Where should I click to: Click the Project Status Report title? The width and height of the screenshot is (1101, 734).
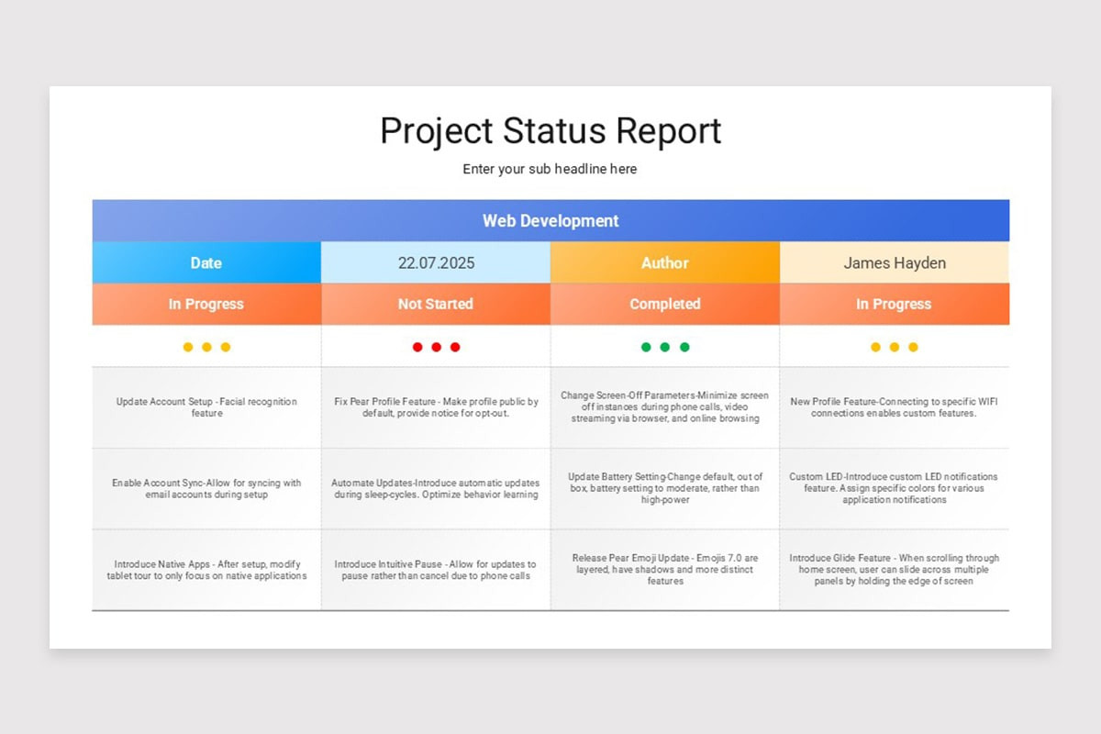pos(550,131)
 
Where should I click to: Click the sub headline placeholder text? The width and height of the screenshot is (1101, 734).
pos(550,169)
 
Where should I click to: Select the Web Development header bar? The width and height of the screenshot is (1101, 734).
pos(550,221)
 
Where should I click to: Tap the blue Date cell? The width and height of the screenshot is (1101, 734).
pos(206,262)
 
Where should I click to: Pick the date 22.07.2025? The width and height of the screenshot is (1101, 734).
pos(436,262)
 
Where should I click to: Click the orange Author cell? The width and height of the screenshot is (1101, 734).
pos(665,262)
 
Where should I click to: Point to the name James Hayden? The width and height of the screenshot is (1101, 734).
pos(895,262)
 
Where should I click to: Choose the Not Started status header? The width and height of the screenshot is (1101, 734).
pos(436,304)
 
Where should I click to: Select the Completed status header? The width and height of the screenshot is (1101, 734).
pos(665,304)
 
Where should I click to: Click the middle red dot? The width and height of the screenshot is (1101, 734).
pos(436,347)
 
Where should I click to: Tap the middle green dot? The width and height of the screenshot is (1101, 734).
pos(665,347)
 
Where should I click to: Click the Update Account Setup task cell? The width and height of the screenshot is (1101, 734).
pos(206,407)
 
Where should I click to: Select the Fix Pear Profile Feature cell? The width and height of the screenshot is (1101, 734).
pos(436,407)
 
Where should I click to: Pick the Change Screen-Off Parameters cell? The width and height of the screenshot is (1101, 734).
pos(665,407)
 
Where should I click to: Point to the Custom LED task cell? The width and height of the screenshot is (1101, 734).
pos(895,488)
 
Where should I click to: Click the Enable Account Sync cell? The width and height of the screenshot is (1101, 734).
pos(206,488)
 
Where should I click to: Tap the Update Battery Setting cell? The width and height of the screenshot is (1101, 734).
pos(665,488)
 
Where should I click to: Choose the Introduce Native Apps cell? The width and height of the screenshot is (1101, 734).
pos(206,570)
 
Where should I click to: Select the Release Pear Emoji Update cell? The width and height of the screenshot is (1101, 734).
pos(665,570)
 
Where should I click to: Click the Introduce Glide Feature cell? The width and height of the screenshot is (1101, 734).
pos(895,570)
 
